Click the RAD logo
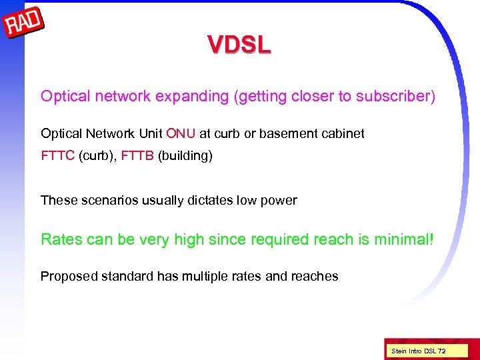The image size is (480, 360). pos(25,24)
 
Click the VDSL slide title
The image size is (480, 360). pos(239,45)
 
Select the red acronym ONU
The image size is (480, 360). pos(181,133)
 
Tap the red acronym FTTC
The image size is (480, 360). pos(57,157)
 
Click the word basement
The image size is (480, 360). pos(287,133)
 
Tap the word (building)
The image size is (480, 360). pos(185,157)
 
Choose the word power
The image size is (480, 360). pos(280,200)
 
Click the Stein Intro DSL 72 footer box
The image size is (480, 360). pos(419,351)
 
